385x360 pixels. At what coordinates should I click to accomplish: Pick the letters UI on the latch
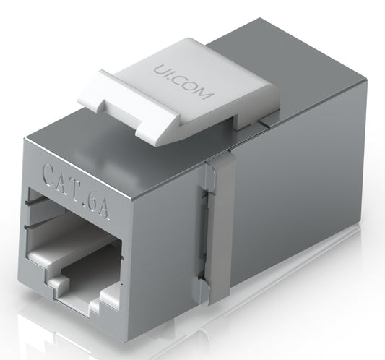(163, 71)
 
